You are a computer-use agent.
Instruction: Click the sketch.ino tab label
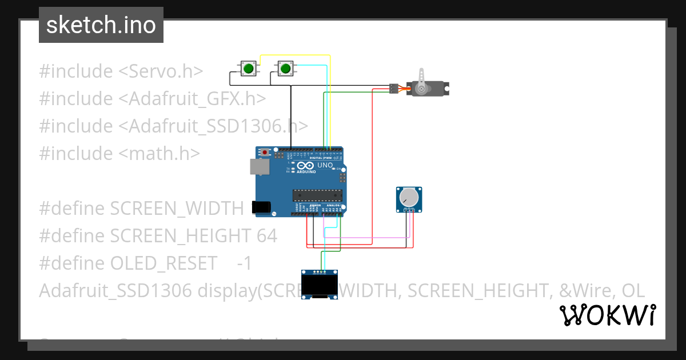pos(101,25)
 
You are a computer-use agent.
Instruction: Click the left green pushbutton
pos(248,69)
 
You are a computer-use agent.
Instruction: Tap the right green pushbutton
pos(285,69)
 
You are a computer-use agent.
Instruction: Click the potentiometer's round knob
pos(409,197)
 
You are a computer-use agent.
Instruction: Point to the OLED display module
pos(320,284)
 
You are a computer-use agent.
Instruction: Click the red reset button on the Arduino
pos(265,153)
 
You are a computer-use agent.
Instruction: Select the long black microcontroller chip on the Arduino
pos(317,195)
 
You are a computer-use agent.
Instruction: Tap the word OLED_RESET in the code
pos(163,263)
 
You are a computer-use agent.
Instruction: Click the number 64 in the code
pos(266,235)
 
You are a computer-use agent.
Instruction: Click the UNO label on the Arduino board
pos(325,165)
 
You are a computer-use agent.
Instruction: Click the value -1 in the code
pos(244,263)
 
